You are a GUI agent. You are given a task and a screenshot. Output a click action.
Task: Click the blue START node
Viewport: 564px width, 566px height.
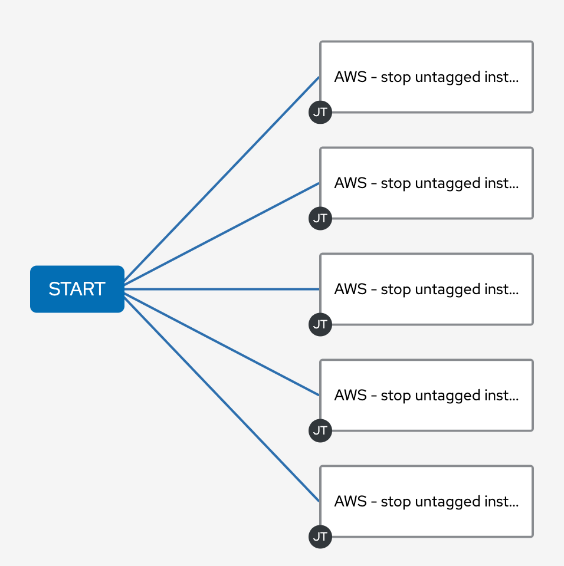pyautogui.click(x=77, y=289)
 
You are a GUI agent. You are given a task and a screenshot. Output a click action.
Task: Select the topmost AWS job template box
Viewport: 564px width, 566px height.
pyautogui.click(x=426, y=77)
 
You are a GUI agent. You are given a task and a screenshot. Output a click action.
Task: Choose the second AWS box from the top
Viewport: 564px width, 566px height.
pyautogui.click(x=426, y=183)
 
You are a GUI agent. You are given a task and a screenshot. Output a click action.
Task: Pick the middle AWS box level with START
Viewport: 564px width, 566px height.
pyautogui.click(x=426, y=289)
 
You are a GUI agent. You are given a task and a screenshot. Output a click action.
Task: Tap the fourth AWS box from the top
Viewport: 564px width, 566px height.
pyautogui.click(x=426, y=395)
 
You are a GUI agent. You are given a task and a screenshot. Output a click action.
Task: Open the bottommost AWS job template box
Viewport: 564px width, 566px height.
pyautogui.click(x=426, y=501)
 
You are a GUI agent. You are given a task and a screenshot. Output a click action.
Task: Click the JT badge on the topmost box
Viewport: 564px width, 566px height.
pyautogui.click(x=320, y=113)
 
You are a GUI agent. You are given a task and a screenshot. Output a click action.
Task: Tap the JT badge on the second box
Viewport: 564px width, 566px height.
pyautogui.click(x=320, y=219)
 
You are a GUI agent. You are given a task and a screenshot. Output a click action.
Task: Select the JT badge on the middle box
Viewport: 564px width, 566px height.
pyautogui.click(x=320, y=325)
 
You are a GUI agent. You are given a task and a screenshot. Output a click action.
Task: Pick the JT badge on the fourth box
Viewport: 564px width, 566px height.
pyautogui.click(x=320, y=430)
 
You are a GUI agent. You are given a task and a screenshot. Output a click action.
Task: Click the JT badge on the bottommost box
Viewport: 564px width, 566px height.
pyautogui.click(x=320, y=537)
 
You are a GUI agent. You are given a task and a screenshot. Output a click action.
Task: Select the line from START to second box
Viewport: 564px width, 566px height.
pyautogui.click(x=221, y=233)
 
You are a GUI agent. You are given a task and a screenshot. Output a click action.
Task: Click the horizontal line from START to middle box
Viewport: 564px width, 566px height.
pyautogui.click(x=221, y=289)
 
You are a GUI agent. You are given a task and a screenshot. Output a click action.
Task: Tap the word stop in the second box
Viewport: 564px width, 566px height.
pyautogui.click(x=396, y=183)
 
